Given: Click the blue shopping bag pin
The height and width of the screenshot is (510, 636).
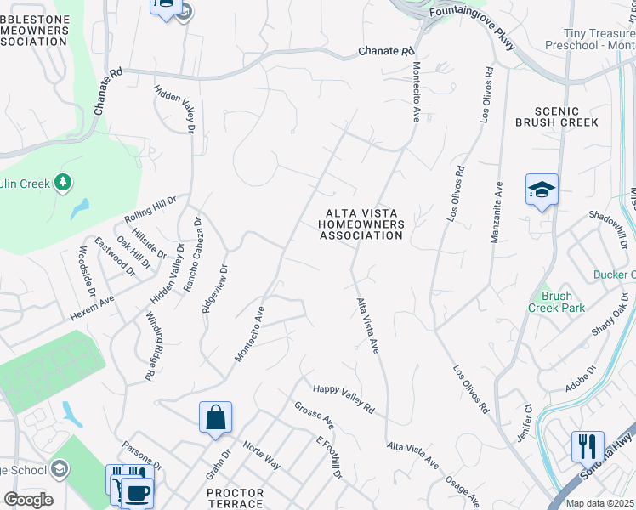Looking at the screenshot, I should pos(216,417).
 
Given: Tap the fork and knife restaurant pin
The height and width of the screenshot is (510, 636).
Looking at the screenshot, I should pos(588,445).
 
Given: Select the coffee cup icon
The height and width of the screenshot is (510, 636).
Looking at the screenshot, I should pos(137,492).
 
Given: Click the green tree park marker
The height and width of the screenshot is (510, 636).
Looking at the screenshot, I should pos(62,182).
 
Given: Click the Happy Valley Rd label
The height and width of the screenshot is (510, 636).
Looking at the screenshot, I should pos(344,399).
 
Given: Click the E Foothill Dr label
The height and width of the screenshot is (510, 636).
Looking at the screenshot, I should pos(328,459).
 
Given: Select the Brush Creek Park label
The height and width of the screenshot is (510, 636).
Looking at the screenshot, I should pos(557,302).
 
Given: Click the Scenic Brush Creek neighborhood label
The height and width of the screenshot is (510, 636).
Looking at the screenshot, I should pos(557,116).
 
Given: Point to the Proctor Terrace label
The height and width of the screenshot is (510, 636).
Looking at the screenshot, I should pos(236,498).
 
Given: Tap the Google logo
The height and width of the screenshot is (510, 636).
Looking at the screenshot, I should pos(28,500).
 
